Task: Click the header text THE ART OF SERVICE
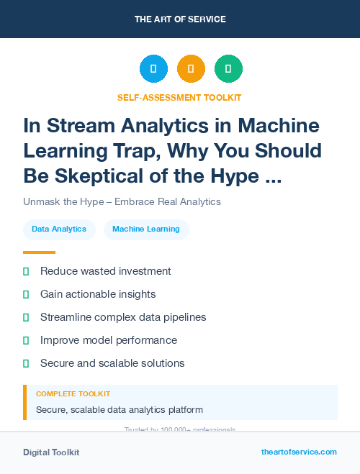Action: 179,19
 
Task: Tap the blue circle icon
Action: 153,68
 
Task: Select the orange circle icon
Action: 191,68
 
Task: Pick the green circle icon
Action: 228,68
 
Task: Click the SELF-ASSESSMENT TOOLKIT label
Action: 179,97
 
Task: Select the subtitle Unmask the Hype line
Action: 122,202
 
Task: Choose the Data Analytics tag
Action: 59,229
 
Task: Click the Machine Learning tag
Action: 146,229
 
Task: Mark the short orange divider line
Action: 39,252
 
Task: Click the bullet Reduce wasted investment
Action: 105,271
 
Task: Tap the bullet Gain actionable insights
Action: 98,294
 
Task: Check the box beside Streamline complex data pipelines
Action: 26,317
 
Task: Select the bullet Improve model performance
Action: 108,340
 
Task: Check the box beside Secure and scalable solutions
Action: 26,363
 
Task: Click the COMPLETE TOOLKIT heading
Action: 73,394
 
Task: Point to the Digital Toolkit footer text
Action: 51,452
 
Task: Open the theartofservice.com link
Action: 299,452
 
